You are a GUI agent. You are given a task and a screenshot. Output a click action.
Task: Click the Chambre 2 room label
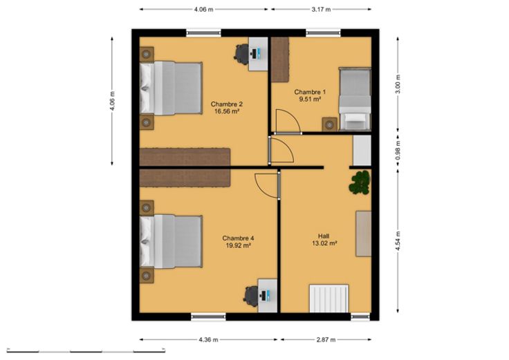227,104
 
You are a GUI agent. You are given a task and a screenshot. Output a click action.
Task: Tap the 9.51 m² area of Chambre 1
310,100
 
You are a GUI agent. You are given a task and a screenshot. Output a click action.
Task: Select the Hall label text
324,236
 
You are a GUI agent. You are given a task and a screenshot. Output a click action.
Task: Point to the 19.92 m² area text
238,245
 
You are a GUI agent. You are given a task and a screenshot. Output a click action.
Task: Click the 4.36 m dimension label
208,339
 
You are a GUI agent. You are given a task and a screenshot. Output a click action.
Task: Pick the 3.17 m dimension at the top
321,10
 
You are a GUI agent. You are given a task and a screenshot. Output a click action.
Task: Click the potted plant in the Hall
360,182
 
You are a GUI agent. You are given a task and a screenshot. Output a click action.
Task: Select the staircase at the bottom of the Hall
328,299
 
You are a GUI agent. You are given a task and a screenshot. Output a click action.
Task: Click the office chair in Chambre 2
241,53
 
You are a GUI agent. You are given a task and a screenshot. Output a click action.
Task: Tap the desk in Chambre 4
268,296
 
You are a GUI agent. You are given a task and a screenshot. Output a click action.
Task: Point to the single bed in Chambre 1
355,99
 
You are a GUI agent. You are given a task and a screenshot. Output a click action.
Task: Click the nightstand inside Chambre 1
330,124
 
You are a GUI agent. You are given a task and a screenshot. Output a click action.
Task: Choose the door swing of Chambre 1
288,121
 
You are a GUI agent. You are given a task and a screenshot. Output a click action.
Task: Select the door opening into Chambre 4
267,185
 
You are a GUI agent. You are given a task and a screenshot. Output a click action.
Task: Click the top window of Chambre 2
203,32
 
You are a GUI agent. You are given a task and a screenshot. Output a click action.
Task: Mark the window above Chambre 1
324,32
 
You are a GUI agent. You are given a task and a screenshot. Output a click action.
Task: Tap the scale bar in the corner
86,350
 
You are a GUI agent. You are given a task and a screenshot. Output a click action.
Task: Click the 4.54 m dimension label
398,241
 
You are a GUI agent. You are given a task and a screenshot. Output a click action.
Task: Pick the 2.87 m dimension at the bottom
326,339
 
